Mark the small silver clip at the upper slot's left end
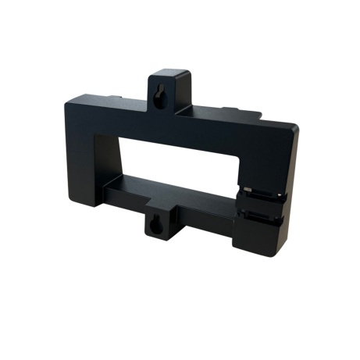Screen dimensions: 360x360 tap(248, 189)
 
